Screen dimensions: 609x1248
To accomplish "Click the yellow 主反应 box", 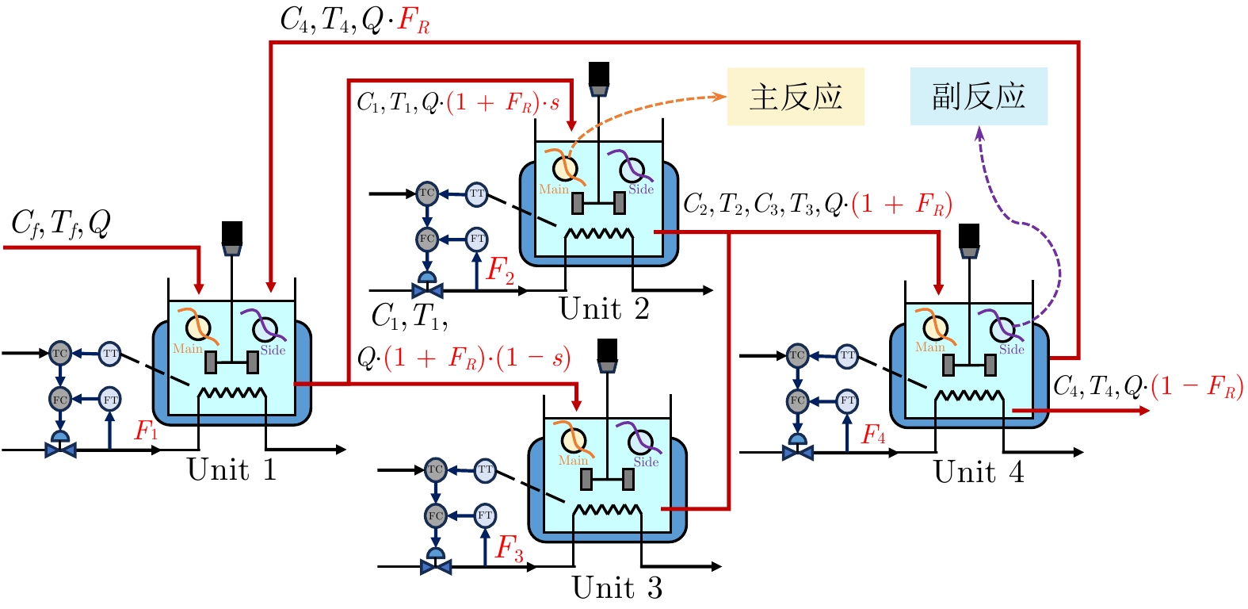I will coord(796,97).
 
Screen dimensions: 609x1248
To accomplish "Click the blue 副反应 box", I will coord(979,97).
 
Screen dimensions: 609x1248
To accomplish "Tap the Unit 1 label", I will coord(231,470).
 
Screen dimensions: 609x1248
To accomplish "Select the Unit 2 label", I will coord(604,309).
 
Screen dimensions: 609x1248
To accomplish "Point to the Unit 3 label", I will coord(616,588).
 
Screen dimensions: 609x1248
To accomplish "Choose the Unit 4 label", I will coord(979,473).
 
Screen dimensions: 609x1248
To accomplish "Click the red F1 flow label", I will coord(147,431).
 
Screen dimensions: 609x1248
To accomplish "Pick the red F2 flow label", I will coord(500,270).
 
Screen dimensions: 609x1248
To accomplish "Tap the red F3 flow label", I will coord(510,548).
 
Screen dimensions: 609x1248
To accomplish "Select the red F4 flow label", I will coord(873,435).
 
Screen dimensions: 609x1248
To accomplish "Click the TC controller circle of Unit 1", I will coord(60,353).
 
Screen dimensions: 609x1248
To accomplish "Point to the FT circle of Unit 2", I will coord(477,239).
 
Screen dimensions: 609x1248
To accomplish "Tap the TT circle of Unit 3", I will coord(485,470).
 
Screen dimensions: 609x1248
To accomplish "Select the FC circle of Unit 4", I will coord(797,400).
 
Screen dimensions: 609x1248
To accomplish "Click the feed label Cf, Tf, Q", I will coord(61,224).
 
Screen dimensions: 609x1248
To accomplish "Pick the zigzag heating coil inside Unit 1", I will coord(231,393).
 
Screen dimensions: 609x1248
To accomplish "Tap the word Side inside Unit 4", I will coord(1012,350).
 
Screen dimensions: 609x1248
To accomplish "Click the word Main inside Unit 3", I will coord(573,461).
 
